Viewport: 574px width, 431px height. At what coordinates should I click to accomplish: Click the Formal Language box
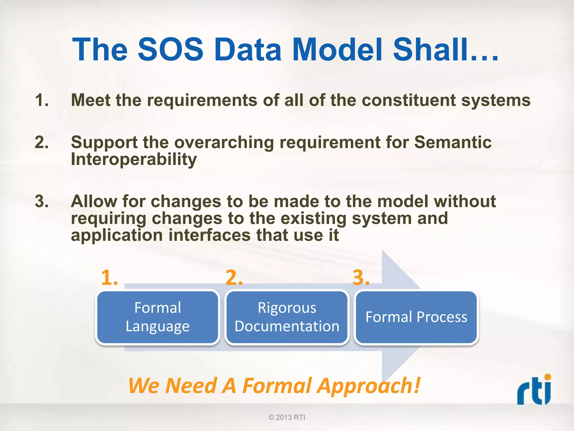[x=158, y=317]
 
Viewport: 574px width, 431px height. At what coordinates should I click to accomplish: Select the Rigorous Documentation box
[x=287, y=317]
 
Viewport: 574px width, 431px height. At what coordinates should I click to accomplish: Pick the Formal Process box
[x=416, y=317]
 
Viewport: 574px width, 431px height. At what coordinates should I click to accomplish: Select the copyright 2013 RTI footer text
[x=287, y=417]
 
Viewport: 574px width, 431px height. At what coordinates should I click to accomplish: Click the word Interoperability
[x=134, y=159]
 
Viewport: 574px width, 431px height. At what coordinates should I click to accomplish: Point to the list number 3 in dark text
[x=41, y=201]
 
